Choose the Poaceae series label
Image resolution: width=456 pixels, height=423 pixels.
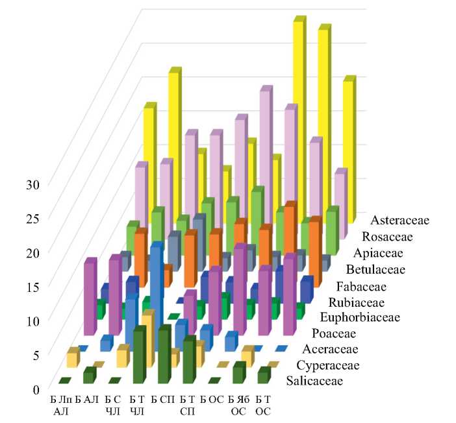point(333,334)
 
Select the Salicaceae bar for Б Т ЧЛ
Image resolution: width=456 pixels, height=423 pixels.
point(139,357)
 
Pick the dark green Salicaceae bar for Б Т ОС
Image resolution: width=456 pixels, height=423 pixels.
point(263,375)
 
